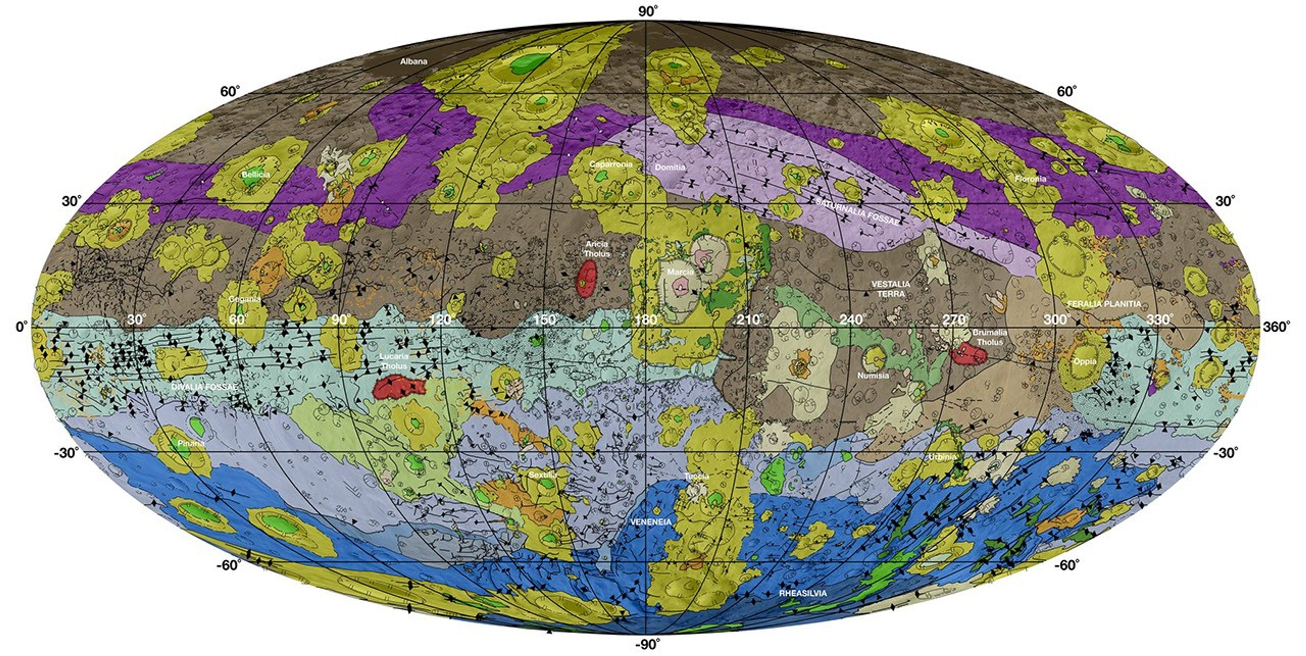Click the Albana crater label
pyautogui.click(x=414, y=61)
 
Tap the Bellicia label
pyautogui.click(x=256, y=175)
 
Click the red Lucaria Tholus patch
pyautogui.click(x=398, y=388)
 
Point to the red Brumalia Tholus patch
pyautogui.click(x=969, y=353)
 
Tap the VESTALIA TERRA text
pyautogui.click(x=891, y=288)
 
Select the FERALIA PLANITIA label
pyautogui.click(x=1104, y=304)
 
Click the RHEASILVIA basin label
pyautogui.click(x=803, y=593)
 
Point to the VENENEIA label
pyautogui.click(x=651, y=522)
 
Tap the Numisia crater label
pyautogui.click(x=873, y=376)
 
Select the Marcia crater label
pyautogui.click(x=680, y=272)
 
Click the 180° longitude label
pyautogui.click(x=646, y=320)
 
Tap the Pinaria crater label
pyautogui.click(x=191, y=443)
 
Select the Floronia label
pyautogui.click(x=1030, y=179)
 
